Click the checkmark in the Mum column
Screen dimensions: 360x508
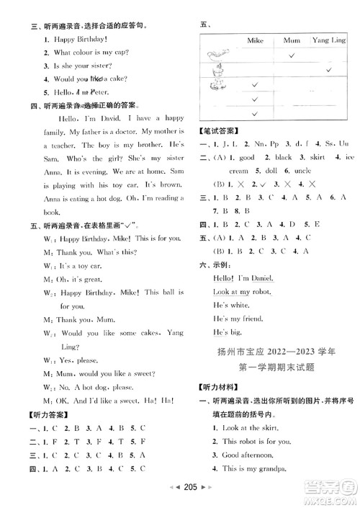click(292, 55)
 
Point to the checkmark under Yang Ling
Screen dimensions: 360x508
click(327, 70)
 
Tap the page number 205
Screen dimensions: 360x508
click(179, 497)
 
